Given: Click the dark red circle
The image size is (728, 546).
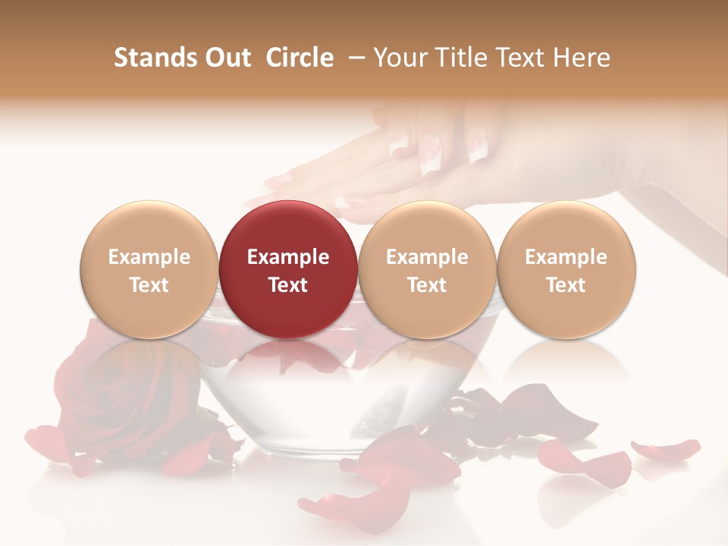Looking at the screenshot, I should pyautogui.click(x=288, y=269).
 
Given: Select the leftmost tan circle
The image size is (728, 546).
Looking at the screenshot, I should pyautogui.click(x=149, y=269).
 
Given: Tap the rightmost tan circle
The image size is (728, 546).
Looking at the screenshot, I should pyautogui.click(x=566, y=269).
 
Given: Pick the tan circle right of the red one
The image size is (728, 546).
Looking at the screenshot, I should pyautogui.click(x=427, y=269).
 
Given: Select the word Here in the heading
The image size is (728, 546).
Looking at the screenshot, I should pyautogui.click(x=581, y=58).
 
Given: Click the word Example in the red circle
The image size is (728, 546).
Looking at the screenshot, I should pyautogui.click(x=288, y=257).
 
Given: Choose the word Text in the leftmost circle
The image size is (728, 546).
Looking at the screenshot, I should pyautogui.click(x=149, y=285).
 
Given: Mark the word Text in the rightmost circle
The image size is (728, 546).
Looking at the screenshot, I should pyautogui.click(x=566, y=285).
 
